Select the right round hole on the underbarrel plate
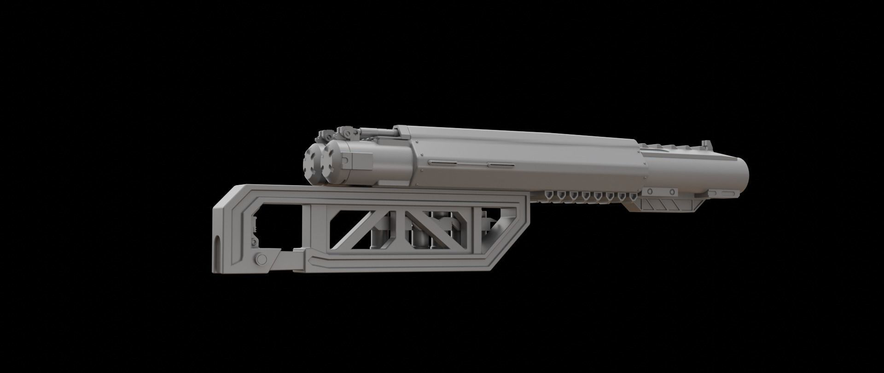click(x=673, y=191)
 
